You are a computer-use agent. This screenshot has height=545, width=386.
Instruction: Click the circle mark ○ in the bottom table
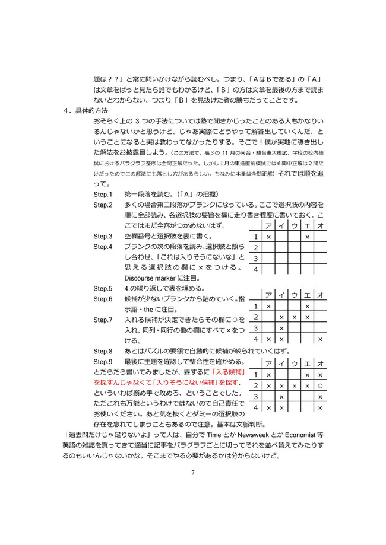click(320, 385)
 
